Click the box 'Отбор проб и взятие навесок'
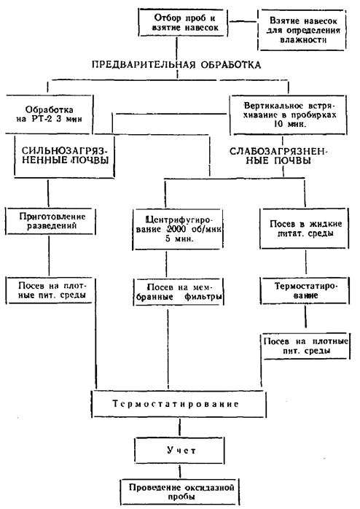(183, 22)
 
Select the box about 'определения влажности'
(302, 30)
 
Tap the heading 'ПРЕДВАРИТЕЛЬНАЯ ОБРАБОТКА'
(176, 65)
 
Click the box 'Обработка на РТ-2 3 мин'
(49, 114)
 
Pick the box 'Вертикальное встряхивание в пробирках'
(289, 115)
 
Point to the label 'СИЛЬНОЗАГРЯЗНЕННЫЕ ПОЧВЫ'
(65, 155)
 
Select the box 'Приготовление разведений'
(50, 221)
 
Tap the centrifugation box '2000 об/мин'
(178, 229)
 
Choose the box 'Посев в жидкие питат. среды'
(305, 228)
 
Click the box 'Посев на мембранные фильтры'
(179, 292)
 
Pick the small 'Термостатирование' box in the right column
(305, 290)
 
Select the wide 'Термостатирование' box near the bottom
(179, 404)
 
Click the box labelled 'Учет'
(179, 450)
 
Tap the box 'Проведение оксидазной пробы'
(180, 491)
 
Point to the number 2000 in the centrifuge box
(176, 229)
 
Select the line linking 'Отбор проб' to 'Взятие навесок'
(243, 22)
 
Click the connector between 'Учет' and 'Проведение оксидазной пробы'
(179, 471)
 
